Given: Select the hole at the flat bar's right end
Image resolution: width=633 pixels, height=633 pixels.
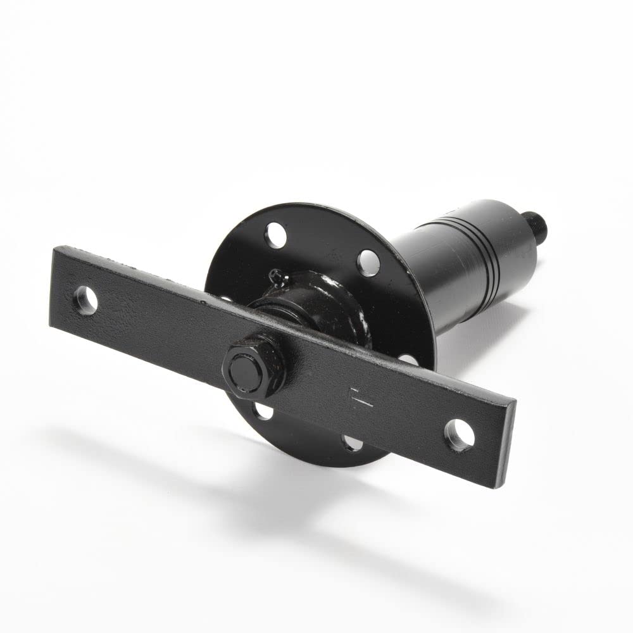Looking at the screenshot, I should click(460, 435).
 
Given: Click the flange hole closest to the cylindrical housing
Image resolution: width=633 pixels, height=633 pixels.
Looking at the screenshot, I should click(368, 262).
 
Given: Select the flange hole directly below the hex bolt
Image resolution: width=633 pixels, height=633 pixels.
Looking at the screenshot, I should click(263, 413).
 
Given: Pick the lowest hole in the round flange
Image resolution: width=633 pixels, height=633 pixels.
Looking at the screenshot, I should click(352, 442).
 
